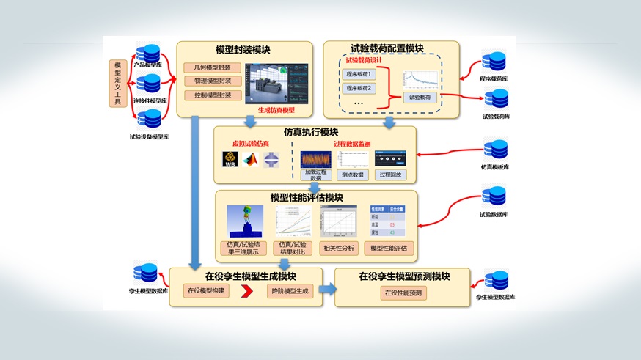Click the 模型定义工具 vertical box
point(117,83)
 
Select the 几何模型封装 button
point(213,68)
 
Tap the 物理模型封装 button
point(213,81)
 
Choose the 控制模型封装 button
point(213,95)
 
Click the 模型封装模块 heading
point(243,50)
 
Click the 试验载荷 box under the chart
point(418,97)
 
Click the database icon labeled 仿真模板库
point(496,150)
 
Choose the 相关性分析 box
point(339,248)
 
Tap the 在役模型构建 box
point(207,291)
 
